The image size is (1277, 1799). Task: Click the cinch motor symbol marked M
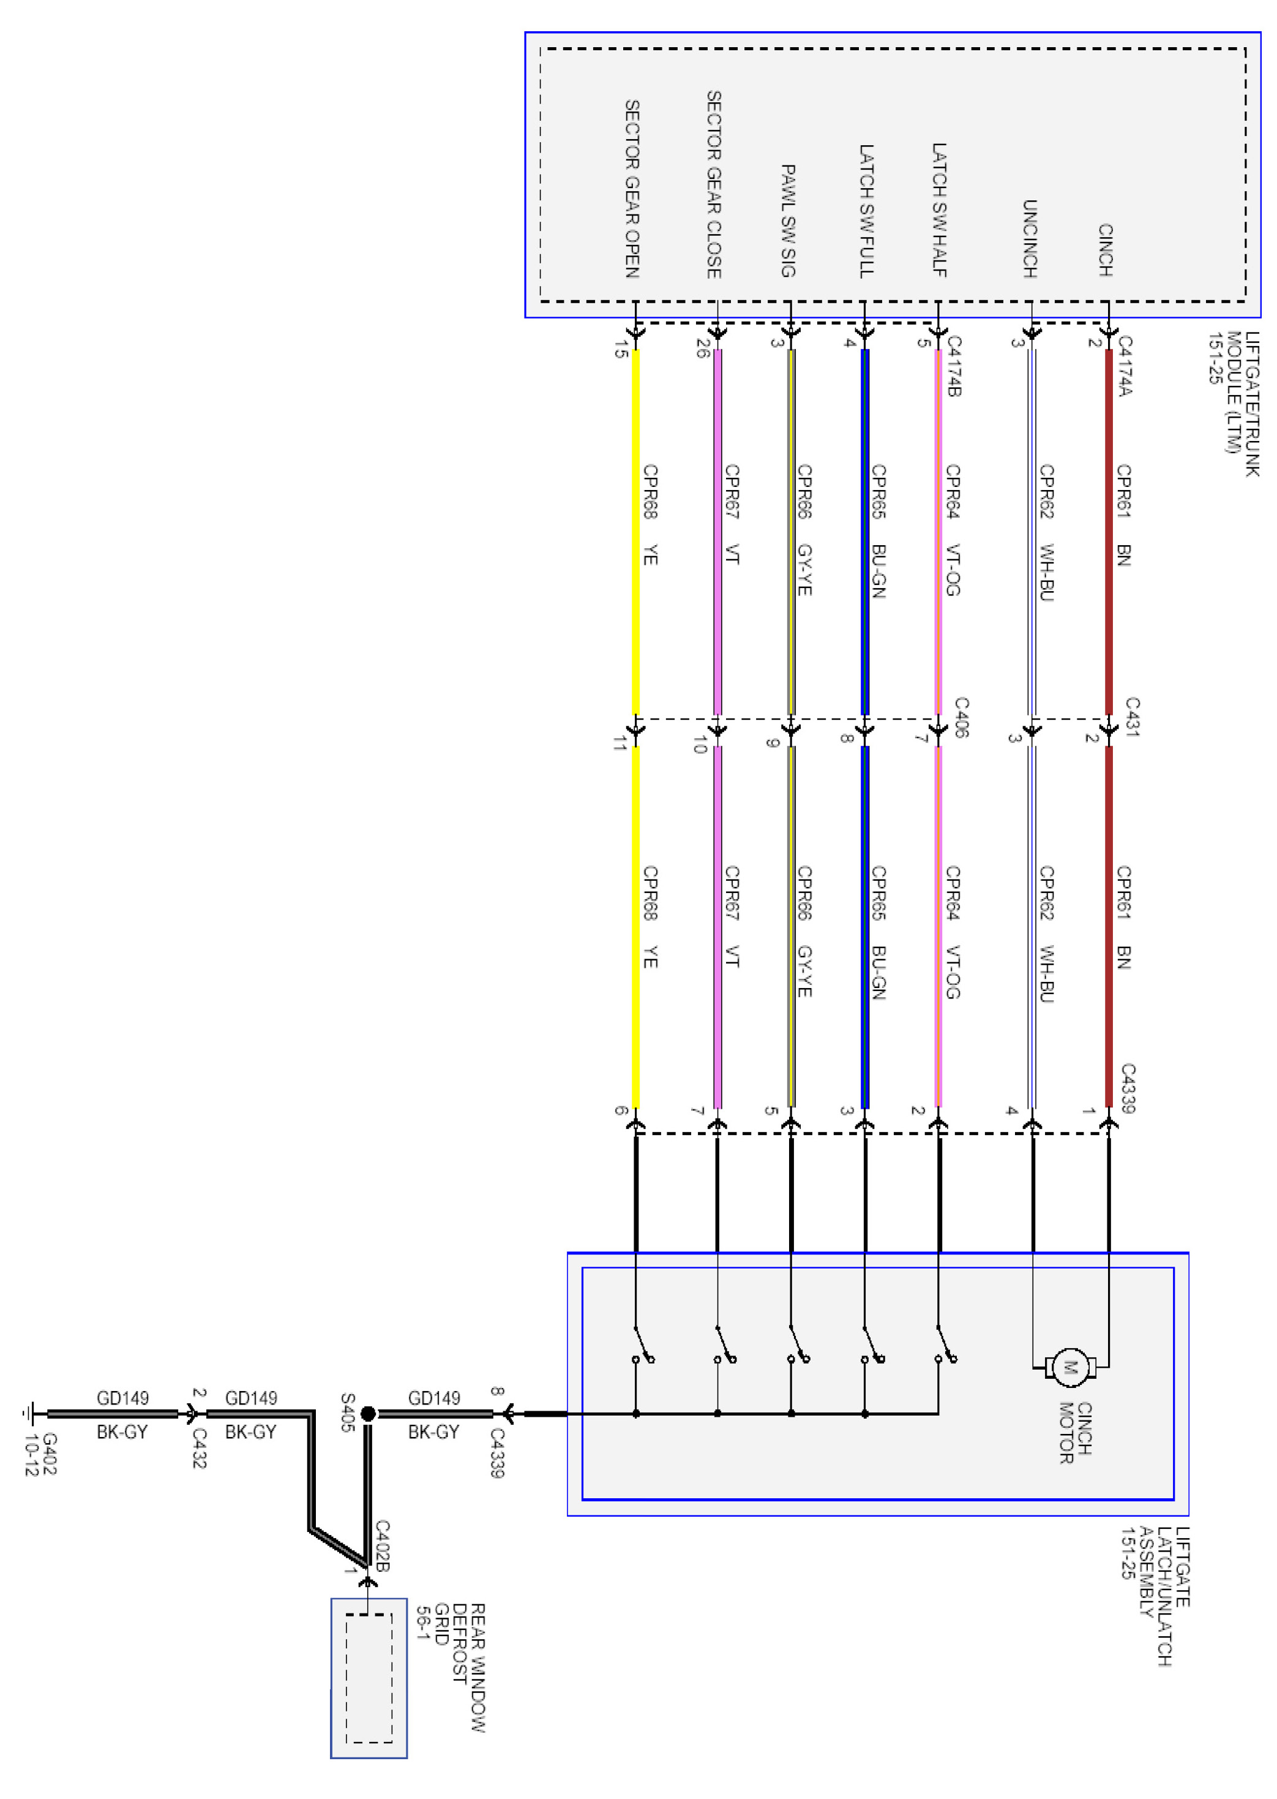point(1069,1367)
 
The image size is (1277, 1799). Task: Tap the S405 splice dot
point(367,1414)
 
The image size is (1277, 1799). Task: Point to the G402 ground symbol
point(29,1414)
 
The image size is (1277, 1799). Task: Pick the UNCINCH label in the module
point(1029,238)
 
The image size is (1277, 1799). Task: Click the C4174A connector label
point(1125,366)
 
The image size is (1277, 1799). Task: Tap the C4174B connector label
point(954,366)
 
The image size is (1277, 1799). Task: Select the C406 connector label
point(961,717)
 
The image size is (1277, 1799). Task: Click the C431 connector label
point(1131,717)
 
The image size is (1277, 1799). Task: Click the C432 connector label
point(200,1448)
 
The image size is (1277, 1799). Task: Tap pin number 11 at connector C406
point(620,742)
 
